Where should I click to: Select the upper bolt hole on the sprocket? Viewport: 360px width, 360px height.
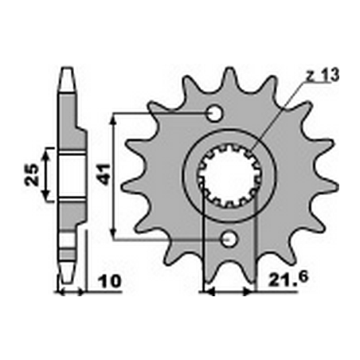214,114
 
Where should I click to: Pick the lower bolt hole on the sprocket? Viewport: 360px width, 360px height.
229,238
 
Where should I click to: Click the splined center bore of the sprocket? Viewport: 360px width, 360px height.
230,176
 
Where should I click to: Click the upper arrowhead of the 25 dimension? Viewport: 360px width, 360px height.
46,151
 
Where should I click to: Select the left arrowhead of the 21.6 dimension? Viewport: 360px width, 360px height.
209,292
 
